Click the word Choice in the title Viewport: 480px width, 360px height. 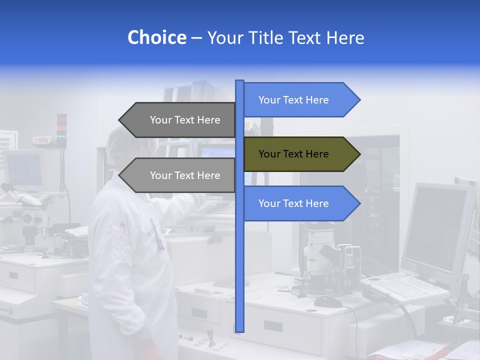(156, 38)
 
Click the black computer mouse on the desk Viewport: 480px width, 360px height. (328, 301)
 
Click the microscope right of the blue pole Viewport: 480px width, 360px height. (320, 260)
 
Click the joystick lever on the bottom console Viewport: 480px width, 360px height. (210, 335)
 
